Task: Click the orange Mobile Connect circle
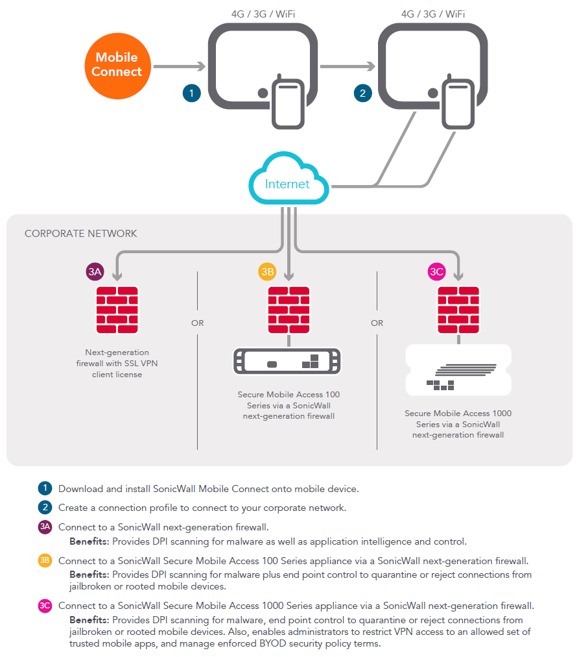[x=117, y=66]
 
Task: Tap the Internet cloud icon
[x=289, y=179]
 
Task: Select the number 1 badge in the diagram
[x=192, y=93]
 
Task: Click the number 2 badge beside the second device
[x=362, y=93]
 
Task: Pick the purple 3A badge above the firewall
[x=95, y=271]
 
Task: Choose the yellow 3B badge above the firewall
[x=267, y=271]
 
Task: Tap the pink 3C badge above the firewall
[x=437, y=271]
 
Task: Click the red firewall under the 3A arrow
[x=117, y=310]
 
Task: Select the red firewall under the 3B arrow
[x=289, y=310]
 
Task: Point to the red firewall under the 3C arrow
[x=458, y=310]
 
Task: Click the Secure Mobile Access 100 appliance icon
[x=287, y=361]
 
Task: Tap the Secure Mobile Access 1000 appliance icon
[x=458, y=370]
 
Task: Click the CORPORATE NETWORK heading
[x=81, y=233]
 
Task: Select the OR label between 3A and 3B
[x=198, y=323]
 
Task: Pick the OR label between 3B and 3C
[x=377, y=323]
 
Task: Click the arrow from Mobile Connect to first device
[x=180, y=66]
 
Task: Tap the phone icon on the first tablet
[x=288, y=102]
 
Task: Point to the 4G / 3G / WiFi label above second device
[x=433, y=14]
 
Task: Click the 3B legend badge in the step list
[x=45, y=560]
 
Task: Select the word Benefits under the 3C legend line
[x=89, y=620]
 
